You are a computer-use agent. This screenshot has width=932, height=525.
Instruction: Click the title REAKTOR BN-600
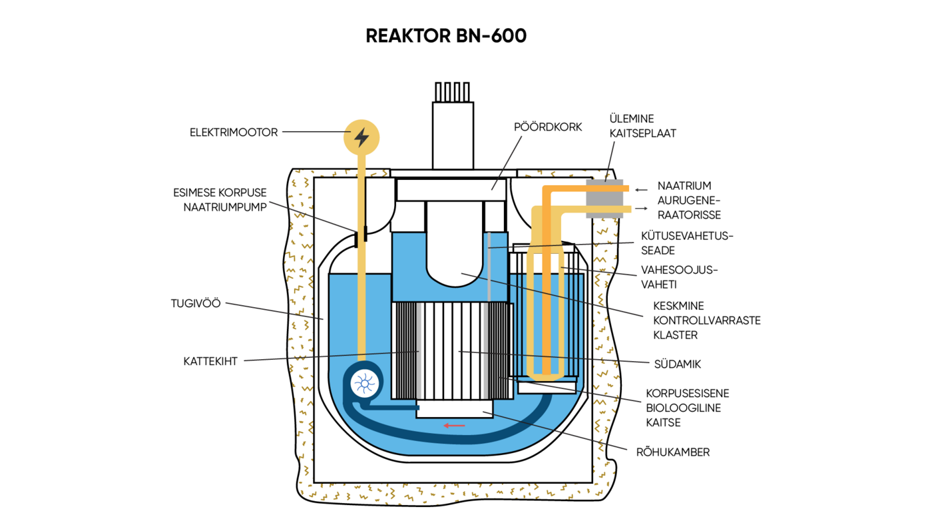(446, 36)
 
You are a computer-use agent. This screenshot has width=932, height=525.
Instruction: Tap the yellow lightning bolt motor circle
(361, 137)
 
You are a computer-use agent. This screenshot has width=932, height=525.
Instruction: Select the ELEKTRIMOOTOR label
(234, 133)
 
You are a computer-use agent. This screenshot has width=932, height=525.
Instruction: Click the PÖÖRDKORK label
(548, 127)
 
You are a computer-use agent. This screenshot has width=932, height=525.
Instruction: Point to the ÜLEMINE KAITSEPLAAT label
(642, 126)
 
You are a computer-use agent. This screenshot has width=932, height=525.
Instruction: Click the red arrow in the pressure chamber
(455, 425)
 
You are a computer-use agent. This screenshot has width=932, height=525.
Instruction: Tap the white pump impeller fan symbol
(363, 383)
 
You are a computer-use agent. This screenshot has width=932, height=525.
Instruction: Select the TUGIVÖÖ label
(196, 304)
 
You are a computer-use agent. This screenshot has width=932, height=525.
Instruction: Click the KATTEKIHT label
(210, 362)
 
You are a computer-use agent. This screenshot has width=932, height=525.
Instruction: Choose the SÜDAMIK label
(678, 364)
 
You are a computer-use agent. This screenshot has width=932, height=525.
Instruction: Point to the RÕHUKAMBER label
(672, 452)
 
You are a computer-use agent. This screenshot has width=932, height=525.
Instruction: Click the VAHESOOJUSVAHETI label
(679, 277)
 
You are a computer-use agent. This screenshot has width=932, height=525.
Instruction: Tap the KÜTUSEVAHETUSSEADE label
(686, 243)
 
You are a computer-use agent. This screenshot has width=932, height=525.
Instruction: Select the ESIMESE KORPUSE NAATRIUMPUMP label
(220, 200)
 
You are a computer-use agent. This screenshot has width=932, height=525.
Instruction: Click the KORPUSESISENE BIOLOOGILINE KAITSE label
(687, 408)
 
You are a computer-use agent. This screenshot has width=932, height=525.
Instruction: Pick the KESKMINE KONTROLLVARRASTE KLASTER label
(706, 320)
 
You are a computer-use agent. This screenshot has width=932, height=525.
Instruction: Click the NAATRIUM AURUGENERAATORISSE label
(689, 201)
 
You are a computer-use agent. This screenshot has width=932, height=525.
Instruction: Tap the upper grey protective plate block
(604, 199)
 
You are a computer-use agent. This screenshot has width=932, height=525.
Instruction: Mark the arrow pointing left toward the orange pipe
(641, 190)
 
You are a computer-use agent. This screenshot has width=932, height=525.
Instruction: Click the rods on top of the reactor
(453, 91)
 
